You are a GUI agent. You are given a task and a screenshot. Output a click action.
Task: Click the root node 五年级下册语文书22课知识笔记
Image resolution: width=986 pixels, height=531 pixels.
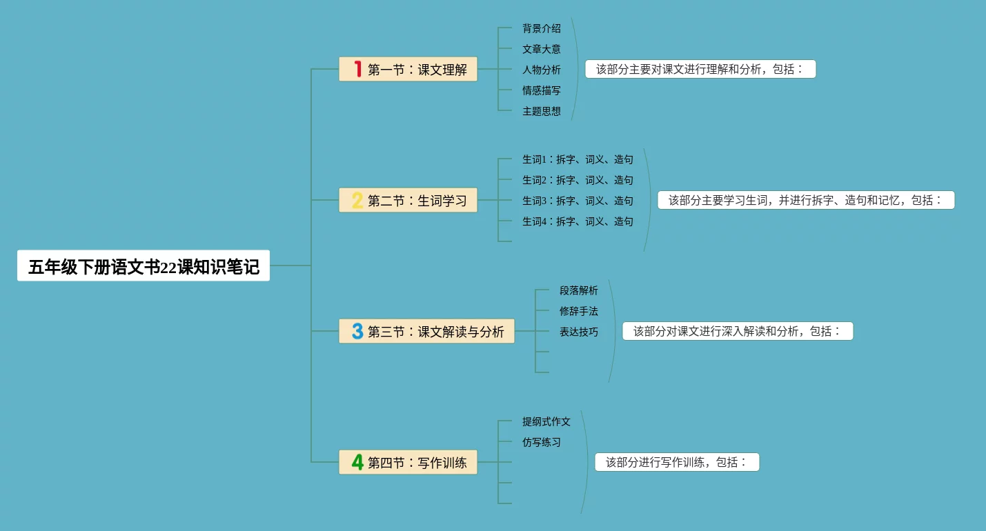click(144, 266)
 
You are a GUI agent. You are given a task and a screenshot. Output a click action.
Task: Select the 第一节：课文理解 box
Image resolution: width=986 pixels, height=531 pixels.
click(408, 69)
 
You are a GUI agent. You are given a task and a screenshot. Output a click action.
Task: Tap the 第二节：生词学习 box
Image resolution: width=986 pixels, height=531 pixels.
click(408, 200)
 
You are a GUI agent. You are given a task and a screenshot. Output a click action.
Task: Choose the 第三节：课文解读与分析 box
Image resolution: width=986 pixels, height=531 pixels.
click(426, 331)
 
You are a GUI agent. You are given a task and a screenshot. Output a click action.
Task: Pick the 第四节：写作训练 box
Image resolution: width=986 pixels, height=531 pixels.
click(408, 462)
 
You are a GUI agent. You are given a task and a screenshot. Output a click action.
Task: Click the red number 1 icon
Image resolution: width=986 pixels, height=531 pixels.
click(357, 69)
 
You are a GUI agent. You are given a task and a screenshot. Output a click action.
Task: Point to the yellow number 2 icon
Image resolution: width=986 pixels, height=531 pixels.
click(357, 200)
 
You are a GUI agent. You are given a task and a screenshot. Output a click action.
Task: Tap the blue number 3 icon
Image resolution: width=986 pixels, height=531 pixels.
click(357, 331)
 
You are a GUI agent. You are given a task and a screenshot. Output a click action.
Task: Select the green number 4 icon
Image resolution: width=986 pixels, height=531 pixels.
click(357, 462)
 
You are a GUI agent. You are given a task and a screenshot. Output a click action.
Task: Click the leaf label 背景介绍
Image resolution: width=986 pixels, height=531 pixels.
click(542, 28)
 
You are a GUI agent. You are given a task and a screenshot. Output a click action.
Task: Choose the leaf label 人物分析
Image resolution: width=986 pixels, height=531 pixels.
click(542, 70)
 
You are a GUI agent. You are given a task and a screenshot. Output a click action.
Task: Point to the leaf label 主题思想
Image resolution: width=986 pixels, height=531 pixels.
click(542, 111)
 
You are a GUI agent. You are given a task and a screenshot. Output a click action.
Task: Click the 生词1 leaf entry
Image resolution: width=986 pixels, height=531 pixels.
click(578, 159)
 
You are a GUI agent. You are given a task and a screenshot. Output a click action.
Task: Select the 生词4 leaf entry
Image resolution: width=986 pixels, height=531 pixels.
click(578, 221)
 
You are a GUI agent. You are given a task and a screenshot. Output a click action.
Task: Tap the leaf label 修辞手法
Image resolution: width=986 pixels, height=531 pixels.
click(579, 311)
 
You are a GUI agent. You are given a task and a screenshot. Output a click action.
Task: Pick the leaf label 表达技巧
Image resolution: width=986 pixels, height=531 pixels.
click(579, 332)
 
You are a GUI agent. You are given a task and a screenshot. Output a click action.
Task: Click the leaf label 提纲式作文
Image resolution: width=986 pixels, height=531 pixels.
click(546, 421)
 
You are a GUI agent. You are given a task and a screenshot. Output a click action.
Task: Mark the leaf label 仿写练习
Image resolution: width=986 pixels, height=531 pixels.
click(542, 442)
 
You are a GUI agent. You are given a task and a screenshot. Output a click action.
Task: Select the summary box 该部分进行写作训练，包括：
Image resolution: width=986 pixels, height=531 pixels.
click(677, 462)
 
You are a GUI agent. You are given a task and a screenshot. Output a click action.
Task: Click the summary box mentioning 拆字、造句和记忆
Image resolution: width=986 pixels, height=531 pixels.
click(806, 200)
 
